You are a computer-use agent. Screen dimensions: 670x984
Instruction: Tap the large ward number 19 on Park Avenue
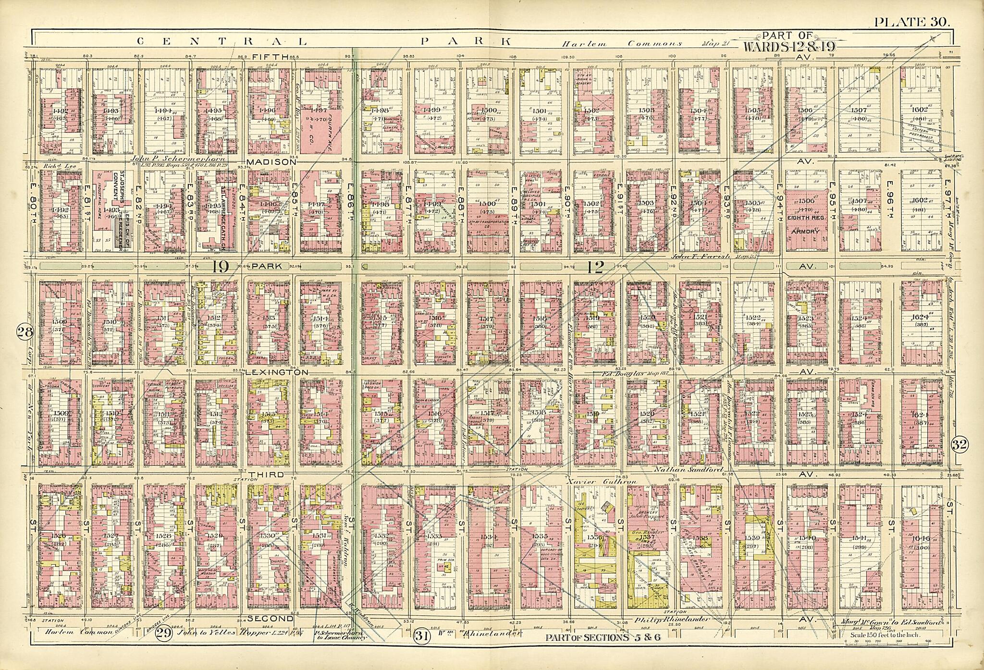coord(220,267)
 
